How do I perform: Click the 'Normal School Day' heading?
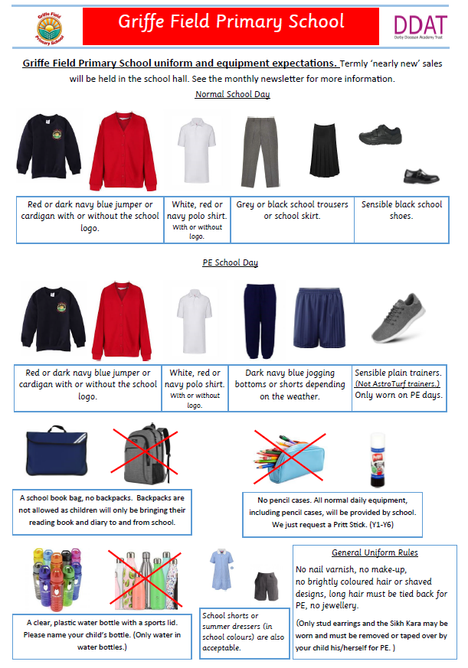click(232, 94)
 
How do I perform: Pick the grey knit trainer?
click(396, 318)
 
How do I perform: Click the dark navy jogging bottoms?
click(260, 316)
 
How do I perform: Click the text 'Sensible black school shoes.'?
click(401, 210)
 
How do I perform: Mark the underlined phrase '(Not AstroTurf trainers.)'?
click(398, 383)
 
